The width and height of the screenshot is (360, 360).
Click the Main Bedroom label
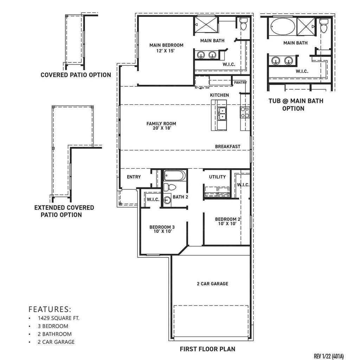(166, 45)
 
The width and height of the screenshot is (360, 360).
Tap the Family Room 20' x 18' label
(161, 126)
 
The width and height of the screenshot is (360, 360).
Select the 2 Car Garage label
(212, 284)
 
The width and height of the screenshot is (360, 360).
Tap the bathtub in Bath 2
(175, 176)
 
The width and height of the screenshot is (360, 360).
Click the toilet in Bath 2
(170, 187)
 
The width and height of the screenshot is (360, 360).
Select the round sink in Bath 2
(167, 200)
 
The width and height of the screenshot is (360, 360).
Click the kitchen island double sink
(222, 114)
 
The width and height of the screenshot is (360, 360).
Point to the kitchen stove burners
(245, 112)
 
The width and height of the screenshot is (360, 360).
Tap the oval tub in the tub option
(283, 27)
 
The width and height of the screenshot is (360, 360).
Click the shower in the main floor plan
(206, 25)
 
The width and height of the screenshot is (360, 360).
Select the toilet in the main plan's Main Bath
(243, 24)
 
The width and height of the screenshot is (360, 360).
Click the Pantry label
(240, 82)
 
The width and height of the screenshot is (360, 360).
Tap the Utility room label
(217, 177)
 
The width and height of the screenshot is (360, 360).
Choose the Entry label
(134, 177)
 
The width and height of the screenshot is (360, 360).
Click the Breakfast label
(227, 147)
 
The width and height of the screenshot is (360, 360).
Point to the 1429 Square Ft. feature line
(59, 318)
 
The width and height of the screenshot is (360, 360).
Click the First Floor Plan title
(207, 349)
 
